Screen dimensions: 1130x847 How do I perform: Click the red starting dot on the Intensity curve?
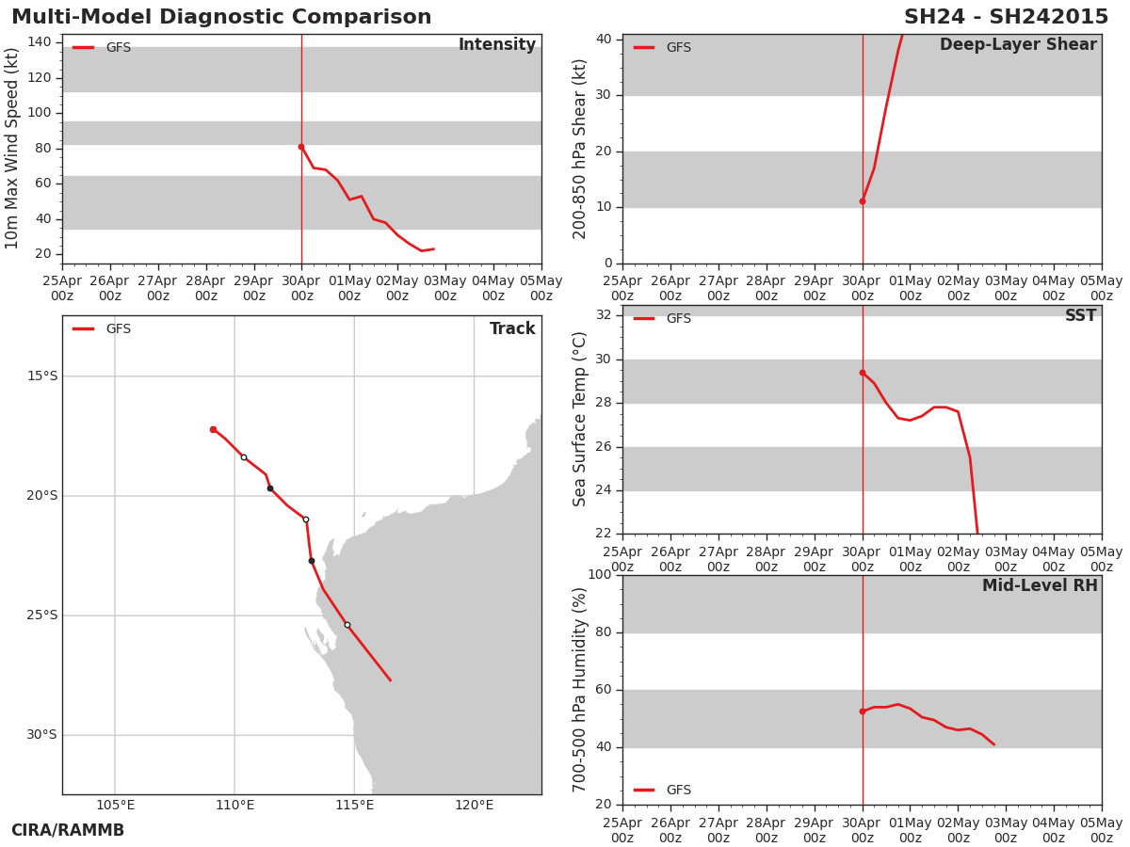click(301, 147)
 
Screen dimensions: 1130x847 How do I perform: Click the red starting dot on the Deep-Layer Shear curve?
click(863, 201)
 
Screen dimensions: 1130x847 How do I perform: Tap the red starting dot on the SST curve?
click(863, 373)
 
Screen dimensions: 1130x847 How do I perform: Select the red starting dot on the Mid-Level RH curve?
click(863, 711)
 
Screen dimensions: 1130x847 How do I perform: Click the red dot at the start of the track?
click(213, 430)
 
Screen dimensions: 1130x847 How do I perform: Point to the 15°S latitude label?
click(42, 376)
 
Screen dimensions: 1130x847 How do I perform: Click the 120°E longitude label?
click(474, 805)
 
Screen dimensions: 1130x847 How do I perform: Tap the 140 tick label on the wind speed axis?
click(40, 42)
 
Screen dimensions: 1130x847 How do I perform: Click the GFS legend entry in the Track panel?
click(102, 329)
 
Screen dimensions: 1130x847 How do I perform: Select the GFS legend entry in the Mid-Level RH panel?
click(662, 790)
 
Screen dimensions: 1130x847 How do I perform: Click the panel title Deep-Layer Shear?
click(1018, 45)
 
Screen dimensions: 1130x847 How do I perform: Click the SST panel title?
click(1081, 315)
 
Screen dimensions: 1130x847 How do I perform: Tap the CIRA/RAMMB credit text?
click(68, 830)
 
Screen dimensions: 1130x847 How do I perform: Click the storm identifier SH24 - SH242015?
click(1006, 17)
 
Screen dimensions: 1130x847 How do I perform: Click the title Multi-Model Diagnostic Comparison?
click(221, 17)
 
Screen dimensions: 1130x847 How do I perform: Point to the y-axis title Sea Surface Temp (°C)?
click(579, 420)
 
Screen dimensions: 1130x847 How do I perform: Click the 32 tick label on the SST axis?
click(604, 314)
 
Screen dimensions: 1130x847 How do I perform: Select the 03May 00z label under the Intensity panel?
click(445, 289)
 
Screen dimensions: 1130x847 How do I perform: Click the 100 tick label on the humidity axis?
click(600, 574)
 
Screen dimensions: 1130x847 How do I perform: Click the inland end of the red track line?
click(391, 680)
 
